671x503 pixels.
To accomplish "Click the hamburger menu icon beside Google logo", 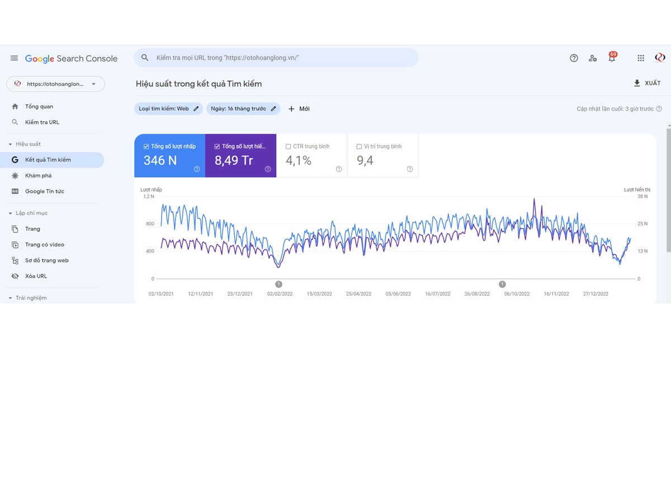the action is tap(14, 58).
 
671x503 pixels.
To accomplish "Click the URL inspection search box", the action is tap(276, 58).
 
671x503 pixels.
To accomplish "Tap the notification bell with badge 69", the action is tap(612, 57).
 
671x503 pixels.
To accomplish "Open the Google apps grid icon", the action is tap(641, 58).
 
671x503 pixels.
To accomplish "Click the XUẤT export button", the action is tap(647, 83).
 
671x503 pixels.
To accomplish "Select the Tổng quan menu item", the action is tap(39, 106).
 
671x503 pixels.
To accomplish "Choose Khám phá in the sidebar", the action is tap(38, 175).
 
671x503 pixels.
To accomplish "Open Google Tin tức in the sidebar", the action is tap(45, 191).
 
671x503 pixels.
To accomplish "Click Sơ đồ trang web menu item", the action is tap(47, 260).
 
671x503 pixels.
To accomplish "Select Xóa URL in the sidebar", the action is tap(36, 276).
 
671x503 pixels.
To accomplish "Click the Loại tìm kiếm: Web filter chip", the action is tap(168, 109).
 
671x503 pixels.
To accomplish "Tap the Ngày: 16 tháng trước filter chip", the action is tap(243, 109).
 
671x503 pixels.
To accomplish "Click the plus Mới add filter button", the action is tap(299, 109).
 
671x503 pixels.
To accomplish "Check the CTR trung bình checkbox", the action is tap(288, 146).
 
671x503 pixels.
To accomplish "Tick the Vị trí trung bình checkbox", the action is tap(359, 146).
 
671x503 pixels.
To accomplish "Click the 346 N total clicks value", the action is tap(160, 160).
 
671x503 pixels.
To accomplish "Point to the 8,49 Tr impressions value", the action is tap(234, 160).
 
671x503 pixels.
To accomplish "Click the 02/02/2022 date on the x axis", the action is tap(280, 294).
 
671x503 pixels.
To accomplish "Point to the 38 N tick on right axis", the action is tap(642, 196).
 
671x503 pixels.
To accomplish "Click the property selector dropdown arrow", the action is tap(93, 84).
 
